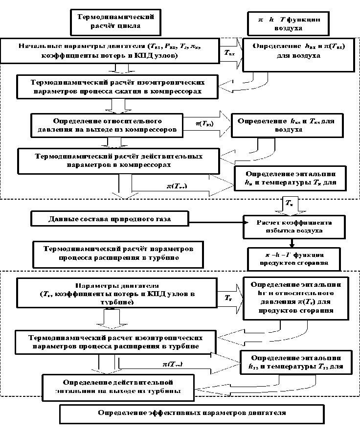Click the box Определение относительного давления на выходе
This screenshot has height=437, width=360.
(x=106, y=125)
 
